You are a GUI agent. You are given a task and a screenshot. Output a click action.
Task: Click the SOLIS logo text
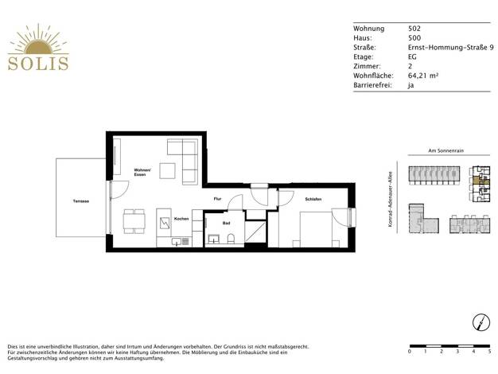38,64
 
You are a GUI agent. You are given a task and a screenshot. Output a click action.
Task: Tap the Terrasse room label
81,201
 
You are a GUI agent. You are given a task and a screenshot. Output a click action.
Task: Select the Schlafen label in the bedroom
313,199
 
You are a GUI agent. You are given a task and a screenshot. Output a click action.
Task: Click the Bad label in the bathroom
226,224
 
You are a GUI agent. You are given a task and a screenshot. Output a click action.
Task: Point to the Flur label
217,199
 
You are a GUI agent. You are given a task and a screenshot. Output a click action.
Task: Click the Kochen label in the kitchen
181,219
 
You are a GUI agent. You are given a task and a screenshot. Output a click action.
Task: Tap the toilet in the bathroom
231,239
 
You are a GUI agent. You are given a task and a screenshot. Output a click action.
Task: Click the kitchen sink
177,242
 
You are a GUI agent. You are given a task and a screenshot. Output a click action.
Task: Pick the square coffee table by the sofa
167,171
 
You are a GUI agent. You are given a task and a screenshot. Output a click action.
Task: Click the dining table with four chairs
134,221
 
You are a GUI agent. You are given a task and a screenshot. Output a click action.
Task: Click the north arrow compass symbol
480,322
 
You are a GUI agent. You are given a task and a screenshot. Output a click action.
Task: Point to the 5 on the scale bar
490,352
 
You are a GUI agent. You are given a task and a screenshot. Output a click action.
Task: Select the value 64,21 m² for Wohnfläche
423,76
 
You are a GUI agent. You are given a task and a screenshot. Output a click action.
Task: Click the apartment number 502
414,29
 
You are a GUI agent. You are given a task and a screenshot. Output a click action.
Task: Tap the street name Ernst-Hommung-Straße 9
451,47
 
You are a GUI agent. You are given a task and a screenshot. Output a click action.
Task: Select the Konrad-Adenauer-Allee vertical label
391,199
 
